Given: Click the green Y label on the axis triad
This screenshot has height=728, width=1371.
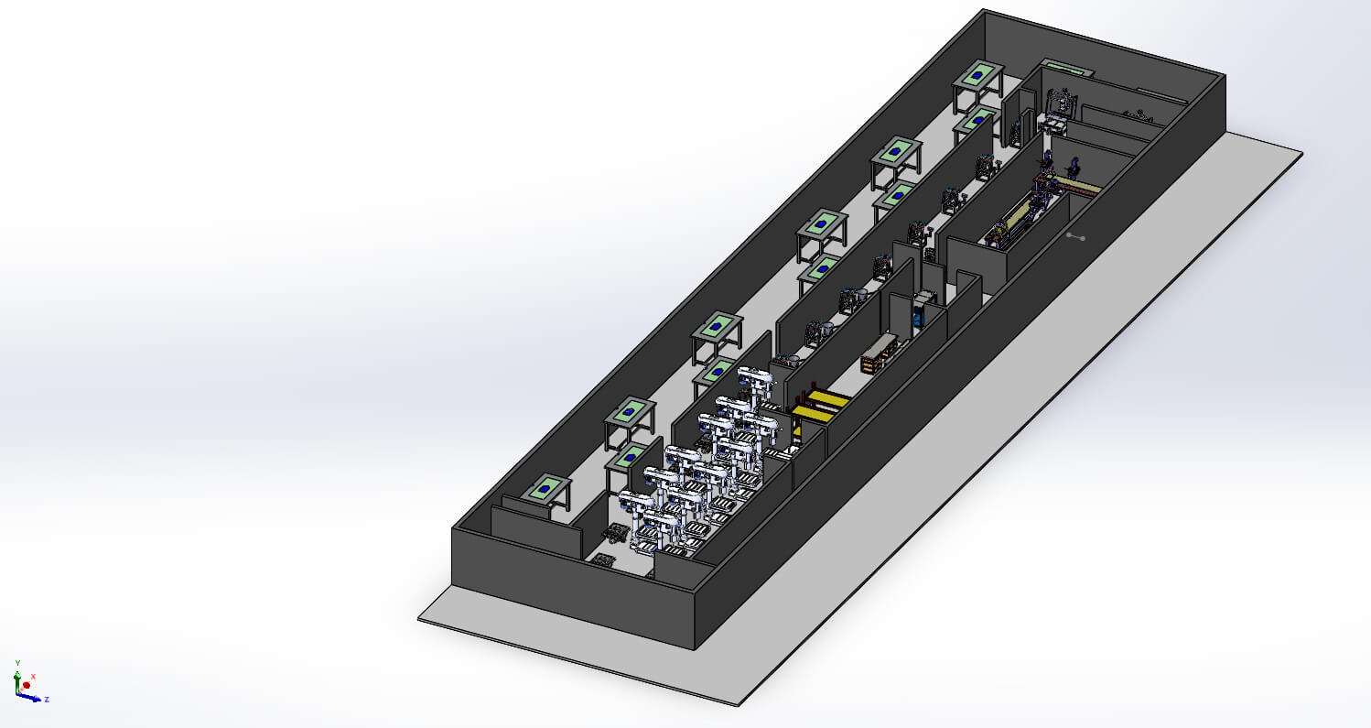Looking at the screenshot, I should coord(17,661).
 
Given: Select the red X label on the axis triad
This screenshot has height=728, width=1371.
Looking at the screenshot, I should coord(33,676).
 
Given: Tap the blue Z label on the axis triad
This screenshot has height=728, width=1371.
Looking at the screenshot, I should coord(46,700).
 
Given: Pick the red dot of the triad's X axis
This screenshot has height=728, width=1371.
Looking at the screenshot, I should coord(27,685).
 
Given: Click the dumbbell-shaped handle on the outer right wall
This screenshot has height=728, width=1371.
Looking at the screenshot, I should coord(1075,236).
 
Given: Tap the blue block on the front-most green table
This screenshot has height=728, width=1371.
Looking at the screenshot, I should coord(545,490).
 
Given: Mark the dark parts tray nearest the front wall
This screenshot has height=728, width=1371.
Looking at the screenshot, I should coord(603,559).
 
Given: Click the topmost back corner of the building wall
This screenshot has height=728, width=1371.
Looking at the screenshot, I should coord(984,10).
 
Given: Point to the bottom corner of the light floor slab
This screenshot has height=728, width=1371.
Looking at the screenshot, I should coord(738,705).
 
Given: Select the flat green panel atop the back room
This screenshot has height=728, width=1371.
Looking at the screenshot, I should coord(1065,67).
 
